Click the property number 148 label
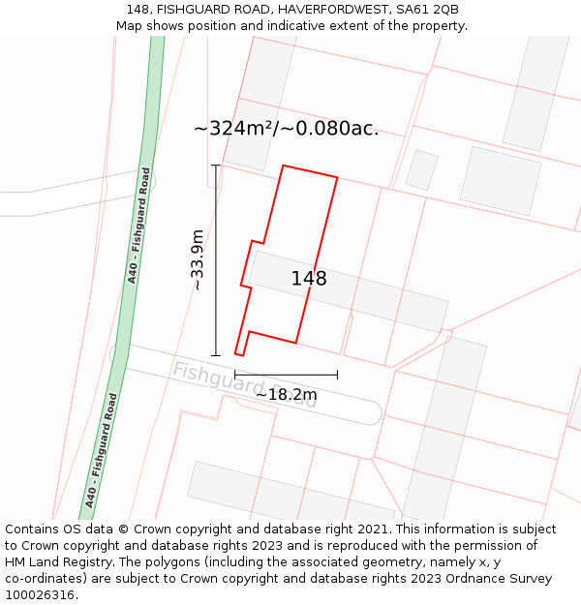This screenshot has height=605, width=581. [309, 279]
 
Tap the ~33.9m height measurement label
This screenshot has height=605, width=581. [197, 259]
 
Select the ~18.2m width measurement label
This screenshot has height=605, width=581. [286, 394]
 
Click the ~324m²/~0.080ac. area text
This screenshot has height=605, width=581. [286, 129]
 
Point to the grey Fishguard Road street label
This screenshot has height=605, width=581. [244, 384]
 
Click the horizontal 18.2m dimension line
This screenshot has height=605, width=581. [286, 375]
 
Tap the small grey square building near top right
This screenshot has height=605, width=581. [421, 169]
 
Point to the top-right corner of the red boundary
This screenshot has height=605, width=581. [337, 177]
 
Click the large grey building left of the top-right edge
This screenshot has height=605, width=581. [500, 180]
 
